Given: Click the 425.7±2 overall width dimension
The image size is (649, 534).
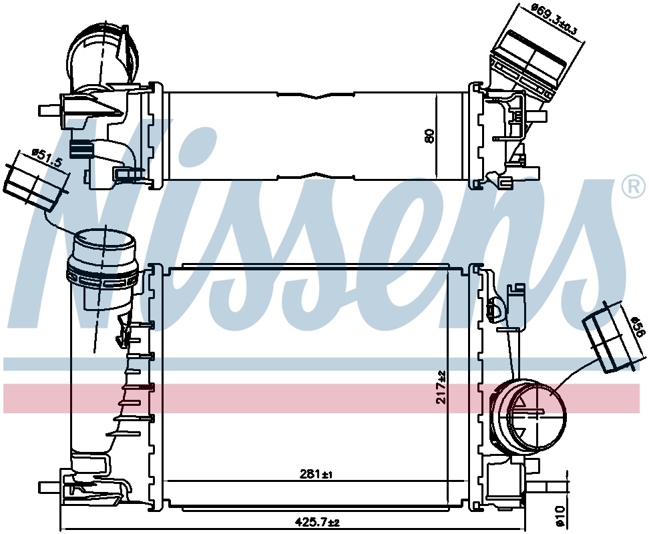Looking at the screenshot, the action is click(316, 523).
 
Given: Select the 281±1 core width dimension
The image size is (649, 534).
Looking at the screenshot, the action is click(316, 474).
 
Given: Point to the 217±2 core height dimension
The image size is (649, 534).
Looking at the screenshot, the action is click(441, 387).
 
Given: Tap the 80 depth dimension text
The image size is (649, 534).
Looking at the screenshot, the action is click(430, 136).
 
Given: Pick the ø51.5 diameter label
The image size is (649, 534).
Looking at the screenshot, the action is click(47, 158).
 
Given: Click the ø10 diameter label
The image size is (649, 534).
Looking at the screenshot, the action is click(560, 516).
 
